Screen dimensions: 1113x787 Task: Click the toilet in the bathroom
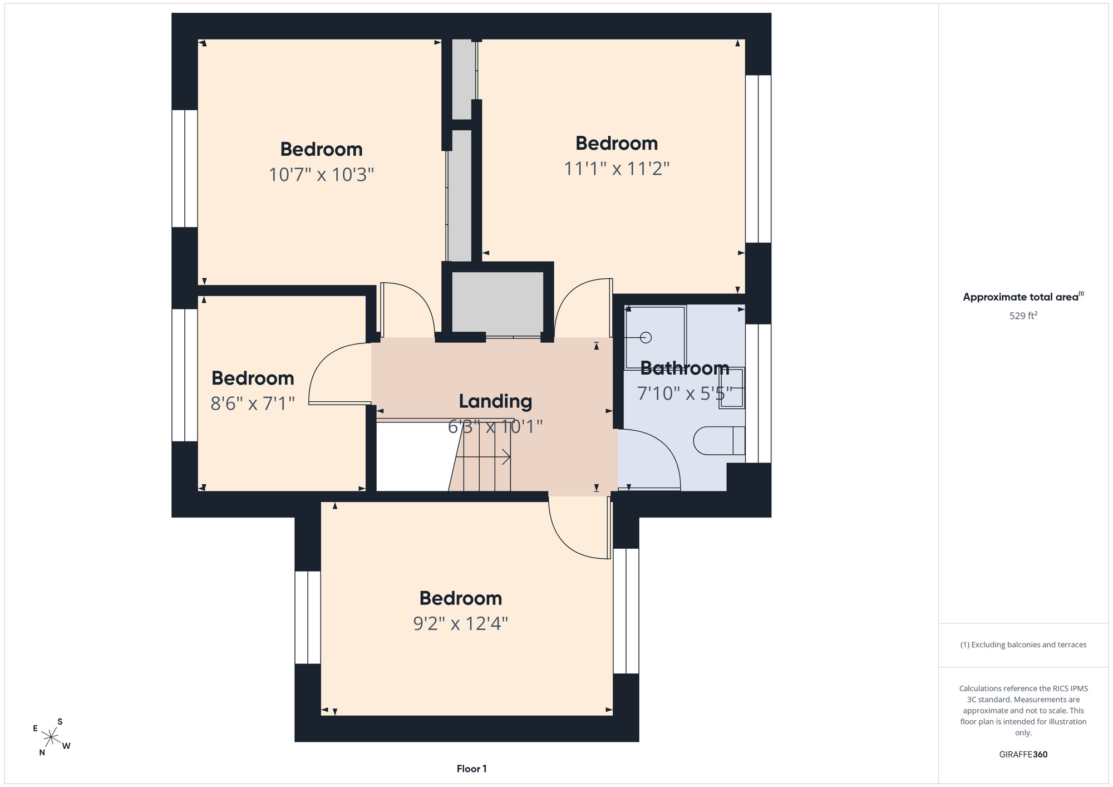(x=719, y=441)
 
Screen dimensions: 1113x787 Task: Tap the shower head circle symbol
(x=646, y=337)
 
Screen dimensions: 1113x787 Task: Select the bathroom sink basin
(x=732, y=388)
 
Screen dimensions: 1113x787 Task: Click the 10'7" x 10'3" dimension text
(x=321, y=175)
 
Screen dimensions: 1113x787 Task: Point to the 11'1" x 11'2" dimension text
(x=617, y=168)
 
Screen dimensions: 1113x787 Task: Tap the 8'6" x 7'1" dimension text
(x=253, y=403)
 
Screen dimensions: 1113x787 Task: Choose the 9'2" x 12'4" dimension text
(x=461, y=623)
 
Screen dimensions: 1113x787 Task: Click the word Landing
(x=495, y=401)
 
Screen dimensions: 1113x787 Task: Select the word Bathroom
(x=684, y=368)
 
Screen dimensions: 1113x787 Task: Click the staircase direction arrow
(x=483, y=457)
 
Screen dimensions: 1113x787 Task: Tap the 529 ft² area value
(x=1023, y=316)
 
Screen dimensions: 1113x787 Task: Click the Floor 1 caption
(x=471, y=769)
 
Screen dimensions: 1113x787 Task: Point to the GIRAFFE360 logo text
(x=1023, y=755)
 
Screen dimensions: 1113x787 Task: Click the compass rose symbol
(x=51, y=737)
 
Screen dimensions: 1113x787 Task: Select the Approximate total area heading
(x=1023, y=297)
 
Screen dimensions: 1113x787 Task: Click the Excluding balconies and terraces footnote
(x=1023, y=645)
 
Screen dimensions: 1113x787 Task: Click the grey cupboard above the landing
(x=498, y=303)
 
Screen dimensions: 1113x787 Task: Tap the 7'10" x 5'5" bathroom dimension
(x=684, y=393)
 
